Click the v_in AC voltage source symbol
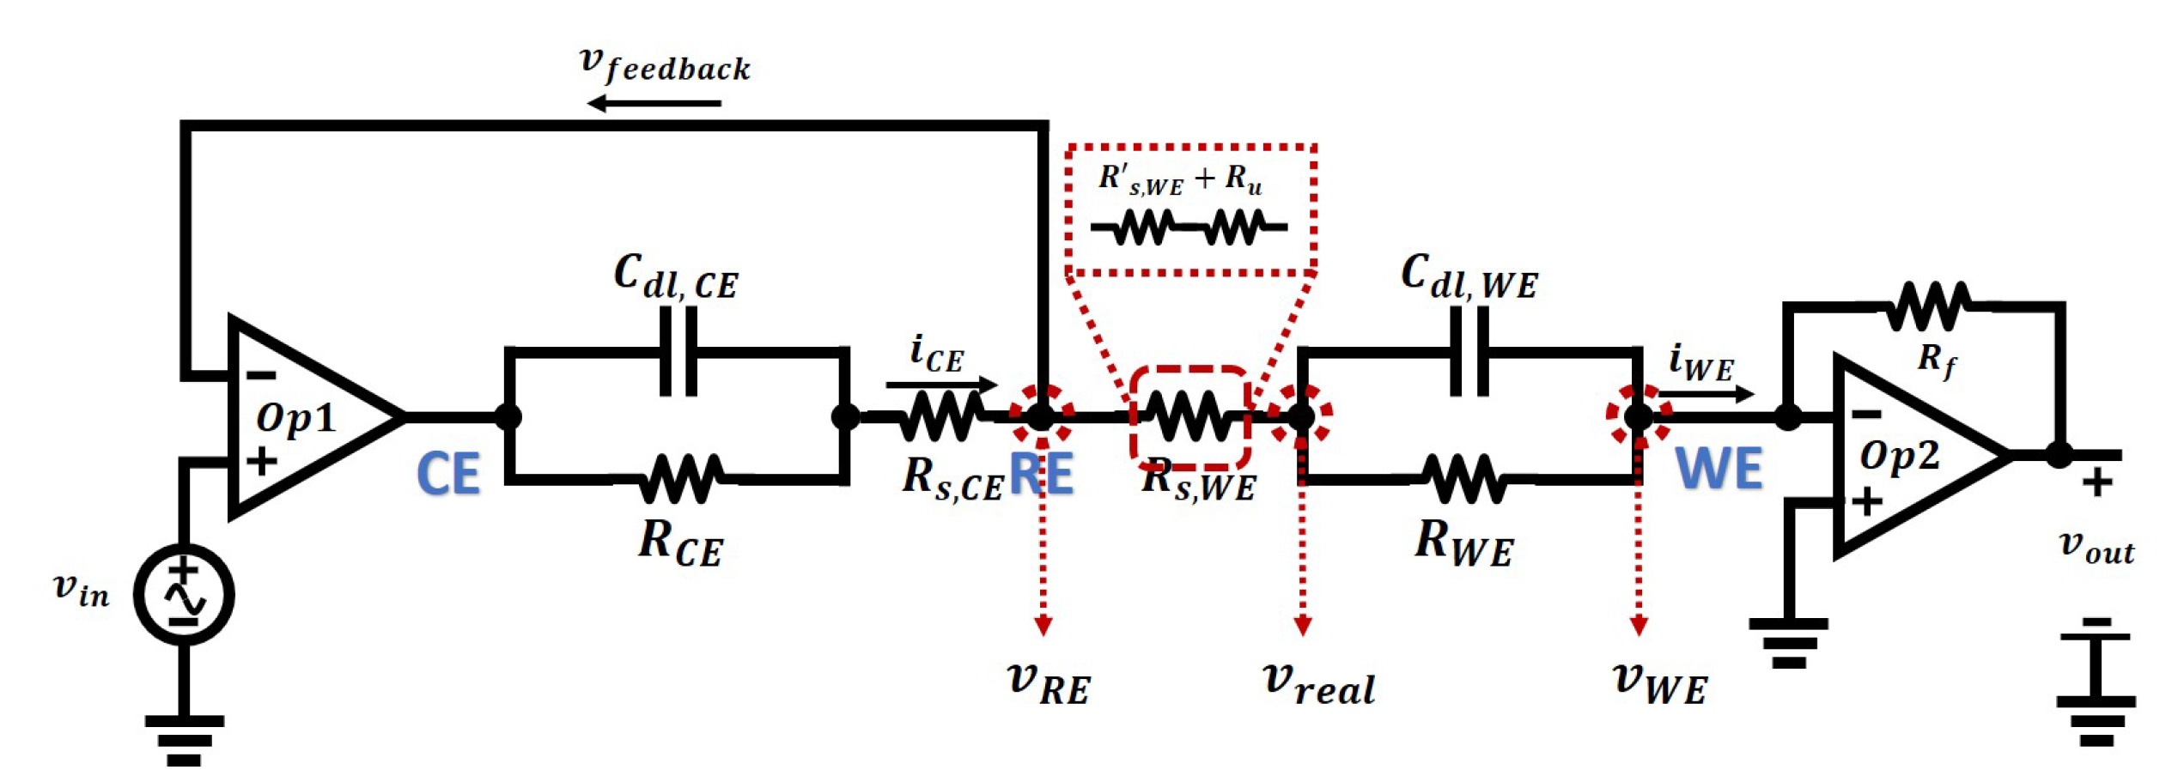tap(184, 594)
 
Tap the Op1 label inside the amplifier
tap(295, 418)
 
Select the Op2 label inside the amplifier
tap(1899, 456)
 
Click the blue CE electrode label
tap(447, 474)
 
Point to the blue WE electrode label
tap(1719, 469)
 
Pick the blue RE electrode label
tap(1041, 474)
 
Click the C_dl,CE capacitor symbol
tap(678, 351)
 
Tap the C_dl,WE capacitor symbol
tap(1469, 351)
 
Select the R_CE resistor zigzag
tap(681, 479)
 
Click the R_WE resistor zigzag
tap(1463, 479)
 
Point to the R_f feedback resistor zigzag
tap(1928, 306)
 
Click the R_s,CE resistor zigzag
tap(940, 416)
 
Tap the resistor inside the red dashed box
tap(1189, 416)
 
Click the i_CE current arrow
tap(941, 384)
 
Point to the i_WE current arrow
tap(1705, 394)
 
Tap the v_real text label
tap(1318, 684)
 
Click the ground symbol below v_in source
tap(184, 740)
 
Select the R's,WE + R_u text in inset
tap(1180, 179)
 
